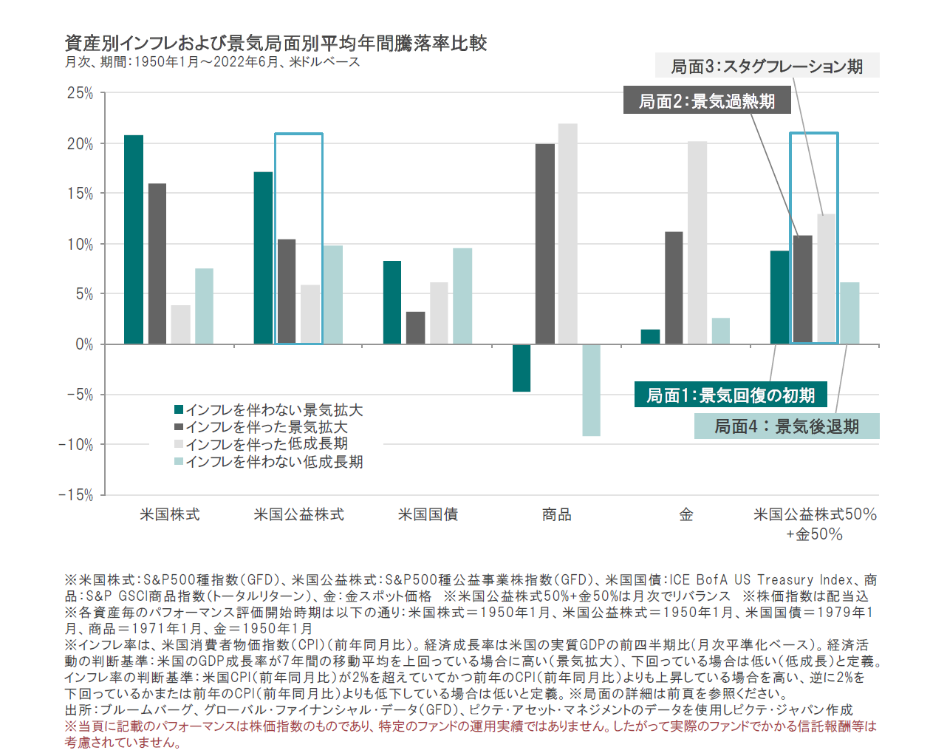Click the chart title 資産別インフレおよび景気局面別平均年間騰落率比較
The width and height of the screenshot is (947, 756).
pos(276,43)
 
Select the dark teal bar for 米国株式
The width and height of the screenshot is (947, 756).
pos(134,239)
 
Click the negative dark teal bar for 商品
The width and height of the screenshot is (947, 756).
pos(522,368)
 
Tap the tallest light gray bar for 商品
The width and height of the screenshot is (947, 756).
pos(568,234)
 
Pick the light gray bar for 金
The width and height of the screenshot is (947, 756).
pos(697,242)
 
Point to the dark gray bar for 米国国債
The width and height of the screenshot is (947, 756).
pos(416,327)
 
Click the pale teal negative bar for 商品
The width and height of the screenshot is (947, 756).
pos(591,390)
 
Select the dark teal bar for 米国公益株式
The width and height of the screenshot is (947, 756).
pos(263,258)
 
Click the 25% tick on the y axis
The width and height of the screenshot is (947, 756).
pos(80,93)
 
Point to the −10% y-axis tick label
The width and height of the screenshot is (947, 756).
pos(76,445)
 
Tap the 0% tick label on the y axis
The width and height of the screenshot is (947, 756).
pos(83,344)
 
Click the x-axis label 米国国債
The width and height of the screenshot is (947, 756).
pos(428,514)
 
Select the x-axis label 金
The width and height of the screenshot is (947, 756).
pos(686,514)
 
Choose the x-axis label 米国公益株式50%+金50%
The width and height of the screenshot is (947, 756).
pos(815,523)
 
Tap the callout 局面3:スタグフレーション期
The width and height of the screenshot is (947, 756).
pos(767,66)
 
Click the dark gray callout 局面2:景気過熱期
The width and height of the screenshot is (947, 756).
pos(707,101)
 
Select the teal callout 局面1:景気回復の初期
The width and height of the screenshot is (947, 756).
pos(731,395)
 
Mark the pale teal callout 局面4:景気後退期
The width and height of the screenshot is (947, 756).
pos(787,426)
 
